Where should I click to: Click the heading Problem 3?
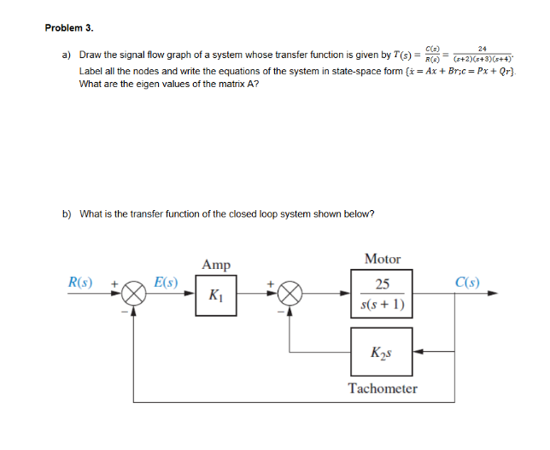pos(70,27)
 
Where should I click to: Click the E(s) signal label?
pos(166,280)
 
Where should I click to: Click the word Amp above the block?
pos(216,265)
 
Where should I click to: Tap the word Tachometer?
pos(383,389)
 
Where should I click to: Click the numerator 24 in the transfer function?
pos(484,48)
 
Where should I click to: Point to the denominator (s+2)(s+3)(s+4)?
pos(484,59)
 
